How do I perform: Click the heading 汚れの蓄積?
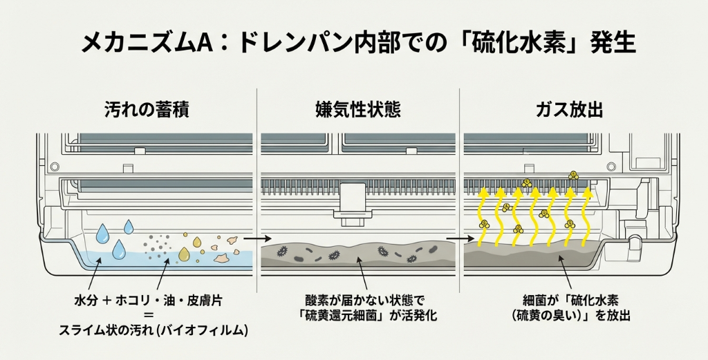point(147,109)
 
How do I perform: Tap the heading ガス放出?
point(569,109)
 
